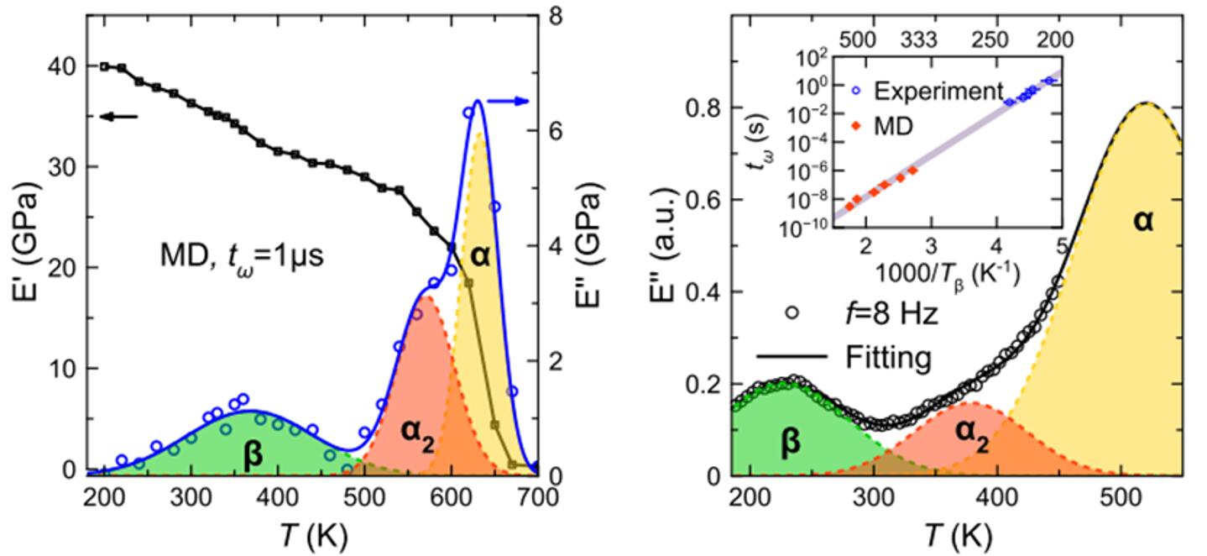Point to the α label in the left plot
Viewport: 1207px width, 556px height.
[x=480, y=256]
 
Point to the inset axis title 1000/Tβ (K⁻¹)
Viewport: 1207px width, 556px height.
[x=938, y=275]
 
